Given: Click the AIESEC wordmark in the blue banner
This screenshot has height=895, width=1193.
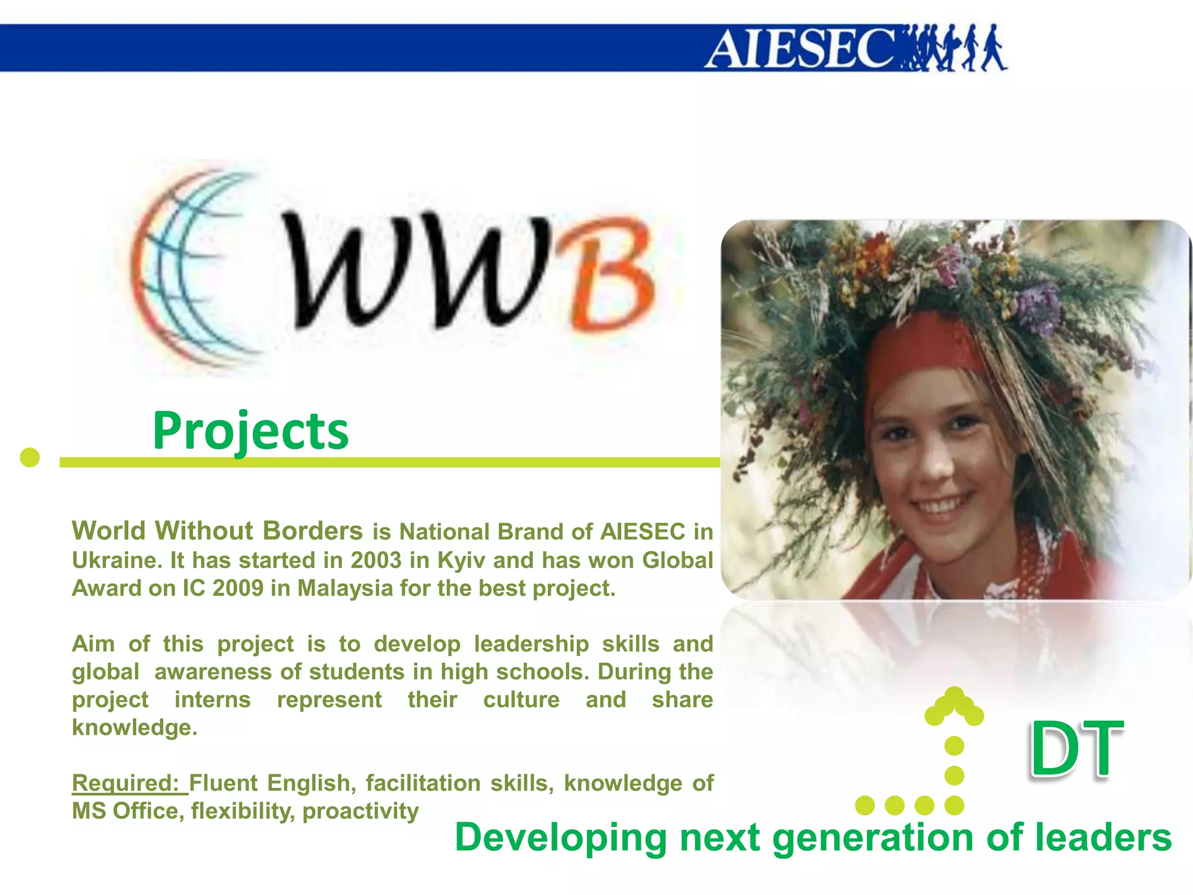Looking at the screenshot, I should point(798,49).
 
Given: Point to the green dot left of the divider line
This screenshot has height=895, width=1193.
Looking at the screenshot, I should point(30,457).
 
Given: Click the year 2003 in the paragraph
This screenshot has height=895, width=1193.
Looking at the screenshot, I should point(376,561).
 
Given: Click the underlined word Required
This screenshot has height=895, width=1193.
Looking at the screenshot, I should point(125,783).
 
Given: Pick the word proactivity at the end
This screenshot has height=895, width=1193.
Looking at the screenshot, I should point(361,811).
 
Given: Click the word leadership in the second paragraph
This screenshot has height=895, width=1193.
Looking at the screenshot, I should point(531,644).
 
